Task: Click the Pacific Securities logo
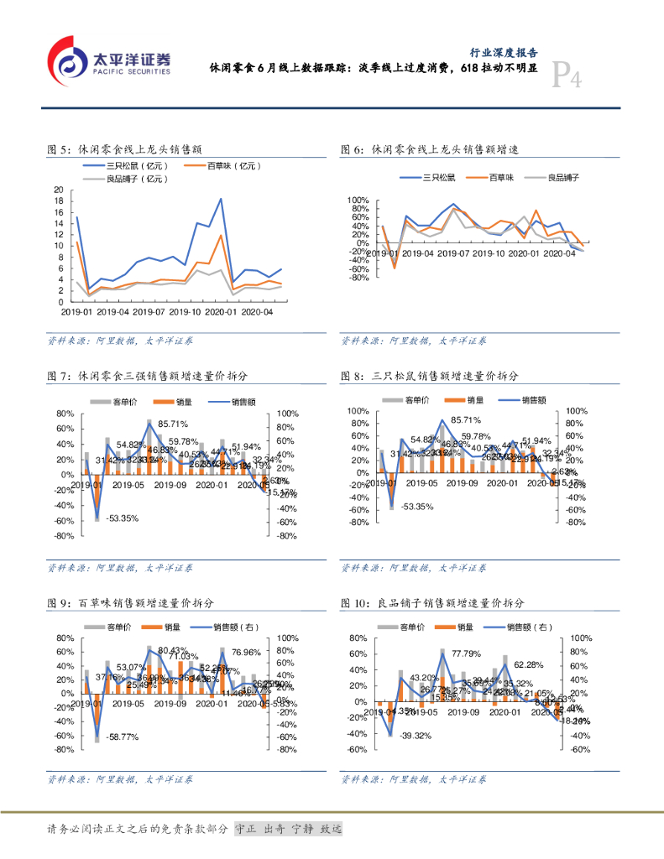[x=109, y=60]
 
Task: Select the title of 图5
[x=127, y=150]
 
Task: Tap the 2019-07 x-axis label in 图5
[x=148, y=311]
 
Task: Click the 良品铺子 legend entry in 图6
[x=563, y=177]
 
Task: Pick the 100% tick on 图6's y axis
[x=358, y=200]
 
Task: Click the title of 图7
[x=148, y=375]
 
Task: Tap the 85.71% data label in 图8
[x=466, y=420]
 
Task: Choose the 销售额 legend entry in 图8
[x=533, y=400]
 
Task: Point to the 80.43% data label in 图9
[x=174, y=650]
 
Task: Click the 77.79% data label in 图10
[x=466, y=653]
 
